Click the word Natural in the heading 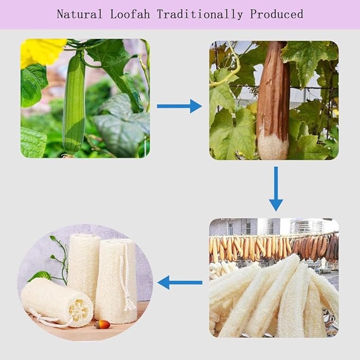79,14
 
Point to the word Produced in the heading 278,14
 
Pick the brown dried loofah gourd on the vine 273,93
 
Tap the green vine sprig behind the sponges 58,260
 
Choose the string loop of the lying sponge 48,321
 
